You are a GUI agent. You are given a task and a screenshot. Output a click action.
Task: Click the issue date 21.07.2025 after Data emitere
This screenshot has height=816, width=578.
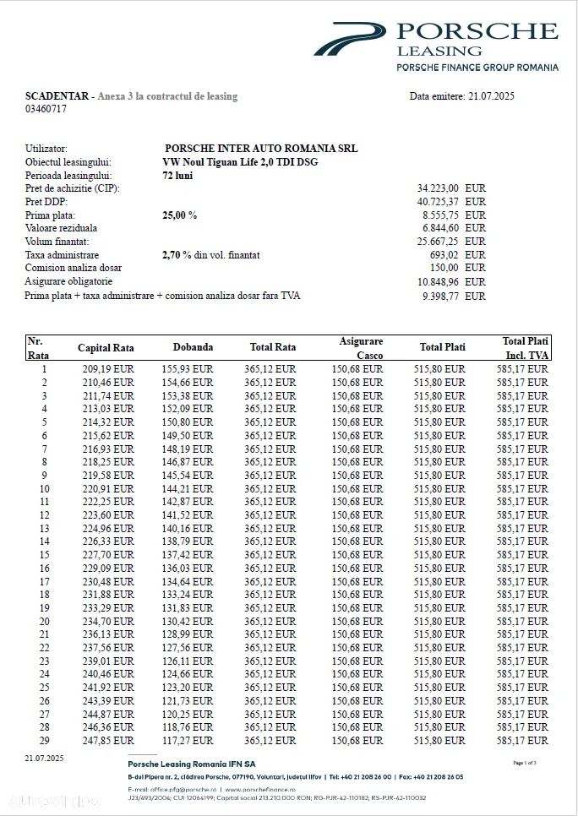point(490,96)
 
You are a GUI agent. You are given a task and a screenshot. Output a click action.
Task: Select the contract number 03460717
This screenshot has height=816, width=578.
point(46,109)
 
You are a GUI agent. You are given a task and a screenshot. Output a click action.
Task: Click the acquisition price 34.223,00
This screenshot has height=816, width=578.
point(438,188)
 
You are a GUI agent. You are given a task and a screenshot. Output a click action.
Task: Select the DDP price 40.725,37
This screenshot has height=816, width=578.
point(438,202)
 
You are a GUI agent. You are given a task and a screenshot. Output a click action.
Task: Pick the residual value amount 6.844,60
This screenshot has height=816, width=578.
point(439,228)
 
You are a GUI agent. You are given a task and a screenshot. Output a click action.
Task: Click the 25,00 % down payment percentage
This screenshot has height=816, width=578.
point(179,215)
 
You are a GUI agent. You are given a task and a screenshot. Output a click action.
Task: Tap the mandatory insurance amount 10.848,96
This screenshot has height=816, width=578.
point(438,281)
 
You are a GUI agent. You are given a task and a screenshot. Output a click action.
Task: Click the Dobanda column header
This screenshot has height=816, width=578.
point(193,347)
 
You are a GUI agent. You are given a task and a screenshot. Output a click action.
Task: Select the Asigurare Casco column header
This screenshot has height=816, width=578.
point(361,347)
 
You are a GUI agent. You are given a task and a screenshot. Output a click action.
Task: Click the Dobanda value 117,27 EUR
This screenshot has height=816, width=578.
point(188,740)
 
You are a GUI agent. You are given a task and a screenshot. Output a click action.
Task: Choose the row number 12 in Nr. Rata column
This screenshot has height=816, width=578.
point(44,515)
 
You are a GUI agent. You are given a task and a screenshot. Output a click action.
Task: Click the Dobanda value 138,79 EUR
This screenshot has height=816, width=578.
point(188,541)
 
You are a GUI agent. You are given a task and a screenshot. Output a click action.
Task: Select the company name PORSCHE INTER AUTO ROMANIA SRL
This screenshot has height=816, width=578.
point(261,149)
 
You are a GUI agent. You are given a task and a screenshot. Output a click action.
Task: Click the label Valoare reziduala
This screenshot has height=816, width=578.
point(62,228)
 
